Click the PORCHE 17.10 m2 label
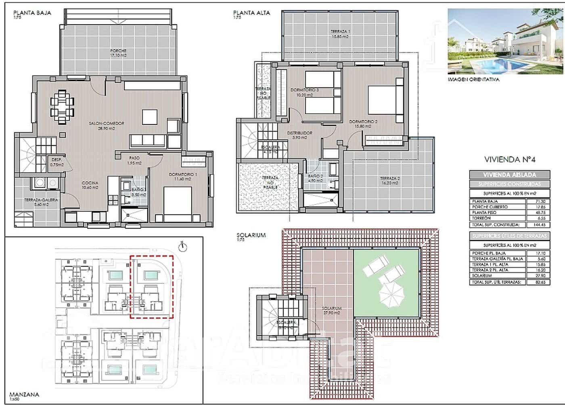coord(118,53)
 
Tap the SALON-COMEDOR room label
coord(107,126)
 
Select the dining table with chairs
coord(62,106)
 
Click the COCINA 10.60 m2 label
coord(90,185)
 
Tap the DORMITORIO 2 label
coord(363,124)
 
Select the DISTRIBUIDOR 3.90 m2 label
coord(299,135)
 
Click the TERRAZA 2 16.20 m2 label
coord(390,180)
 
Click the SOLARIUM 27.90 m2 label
coord(332,310)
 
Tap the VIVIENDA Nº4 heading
coord(509,159)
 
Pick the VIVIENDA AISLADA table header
coord(509,175)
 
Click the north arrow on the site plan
coord(182,245)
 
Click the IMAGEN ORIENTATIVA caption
coord(473,80)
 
